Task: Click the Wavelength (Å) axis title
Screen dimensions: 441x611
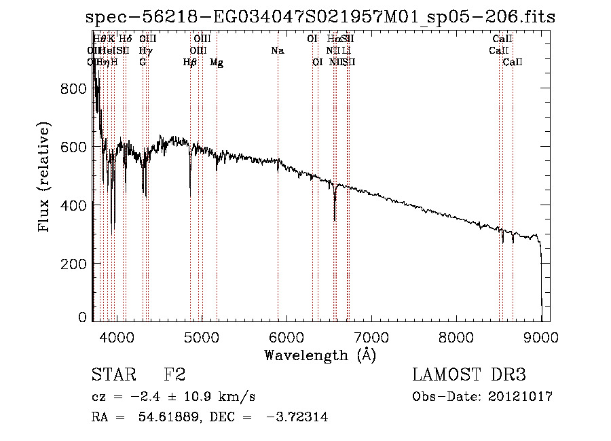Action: click(x=320, y=355)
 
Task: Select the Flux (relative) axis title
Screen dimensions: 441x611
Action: click(x=45, y=178)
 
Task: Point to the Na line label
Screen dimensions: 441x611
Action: click(x=277, y=50)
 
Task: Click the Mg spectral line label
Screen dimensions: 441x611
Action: click(x=217, y=63)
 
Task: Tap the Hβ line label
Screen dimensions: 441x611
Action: click(x=190, y=63)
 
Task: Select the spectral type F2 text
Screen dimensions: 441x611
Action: click(x=174, y=375)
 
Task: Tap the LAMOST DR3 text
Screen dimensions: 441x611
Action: click(x=469, y=375)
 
